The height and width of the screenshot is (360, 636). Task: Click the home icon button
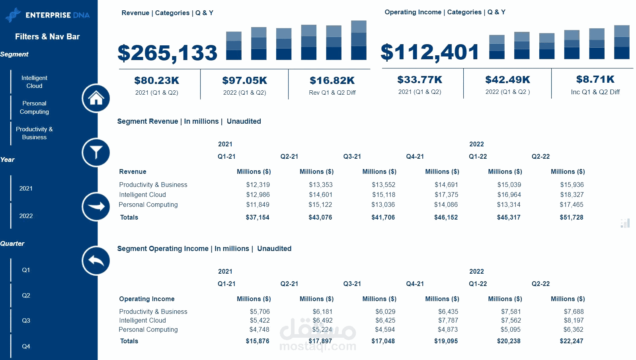click(x=96, y=98)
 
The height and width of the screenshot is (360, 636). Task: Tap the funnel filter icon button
click(x=96, y=152)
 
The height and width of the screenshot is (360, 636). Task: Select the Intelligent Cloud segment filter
click(x=34, y=82)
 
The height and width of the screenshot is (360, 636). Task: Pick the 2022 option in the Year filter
click(x=26, y=216)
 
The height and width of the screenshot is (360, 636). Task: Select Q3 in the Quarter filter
click(x=26, y=321)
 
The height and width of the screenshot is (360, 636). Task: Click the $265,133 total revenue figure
click(x=168, y=53)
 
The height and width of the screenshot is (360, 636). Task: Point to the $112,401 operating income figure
click(x=430, y=52)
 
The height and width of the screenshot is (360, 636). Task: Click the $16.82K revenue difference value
click(x=332, y=81)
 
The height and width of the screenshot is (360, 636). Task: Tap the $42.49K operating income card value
click(x=507, y=80)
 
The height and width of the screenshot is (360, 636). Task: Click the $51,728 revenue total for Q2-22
click(x=571, y=218)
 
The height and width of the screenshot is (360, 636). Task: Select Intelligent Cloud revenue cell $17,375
click(x=446, y=195)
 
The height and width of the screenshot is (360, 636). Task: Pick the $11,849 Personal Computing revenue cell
click(x=258, y=205)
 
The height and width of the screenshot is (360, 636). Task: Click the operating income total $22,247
click(x=571, y=341)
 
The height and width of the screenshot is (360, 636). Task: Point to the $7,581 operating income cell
click(x=511, y=312)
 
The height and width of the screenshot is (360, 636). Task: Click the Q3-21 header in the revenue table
click(x=352, y=157)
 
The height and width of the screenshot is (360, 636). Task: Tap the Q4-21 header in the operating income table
click(x=415, y=284)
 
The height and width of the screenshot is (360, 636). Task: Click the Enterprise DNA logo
click(x=47, y=15)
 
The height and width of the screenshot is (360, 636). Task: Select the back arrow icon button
click(x=96, y=261)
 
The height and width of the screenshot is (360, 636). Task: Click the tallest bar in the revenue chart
click(x=359, y=40)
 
